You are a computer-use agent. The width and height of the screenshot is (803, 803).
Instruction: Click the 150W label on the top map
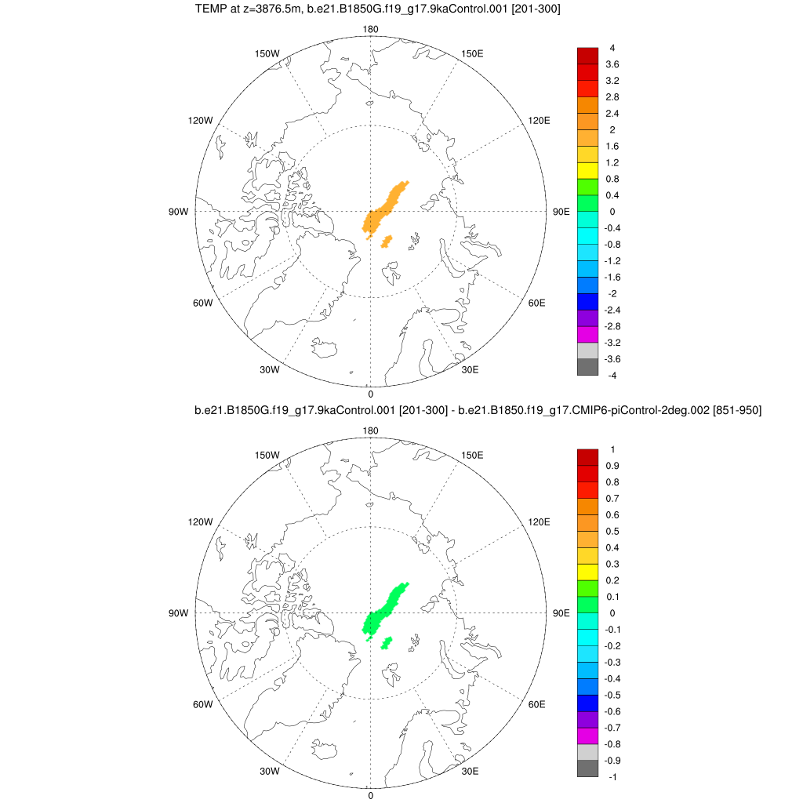click(267, 53)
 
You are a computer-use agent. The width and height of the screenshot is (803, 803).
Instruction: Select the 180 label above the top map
click(370, 30)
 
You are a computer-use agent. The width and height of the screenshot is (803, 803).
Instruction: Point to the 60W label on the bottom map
click(202, 704)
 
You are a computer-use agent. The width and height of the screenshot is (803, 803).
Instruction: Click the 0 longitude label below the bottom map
click(370, 795)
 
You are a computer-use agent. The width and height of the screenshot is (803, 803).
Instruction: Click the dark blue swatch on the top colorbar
click(587, 301)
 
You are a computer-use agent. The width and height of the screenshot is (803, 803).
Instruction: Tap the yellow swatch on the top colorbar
click(587, 170)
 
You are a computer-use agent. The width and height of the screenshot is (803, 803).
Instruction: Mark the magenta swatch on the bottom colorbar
click(587, 735)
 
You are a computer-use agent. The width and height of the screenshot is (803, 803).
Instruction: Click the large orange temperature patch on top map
click(384, 209)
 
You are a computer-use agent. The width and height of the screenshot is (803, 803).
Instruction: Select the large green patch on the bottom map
click(384, 611)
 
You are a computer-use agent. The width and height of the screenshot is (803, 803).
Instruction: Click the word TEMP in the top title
click(209, 9)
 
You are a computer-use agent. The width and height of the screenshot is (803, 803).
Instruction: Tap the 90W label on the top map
click(179, 212)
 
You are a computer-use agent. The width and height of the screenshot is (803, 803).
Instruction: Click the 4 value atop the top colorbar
click(612, 48)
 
